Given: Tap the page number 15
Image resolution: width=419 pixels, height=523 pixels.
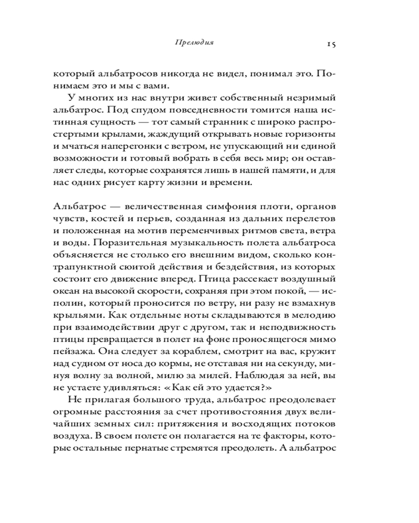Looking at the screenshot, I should click(x=330, y=44).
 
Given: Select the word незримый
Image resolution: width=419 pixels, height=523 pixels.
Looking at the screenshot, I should click(x=312, y=98).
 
